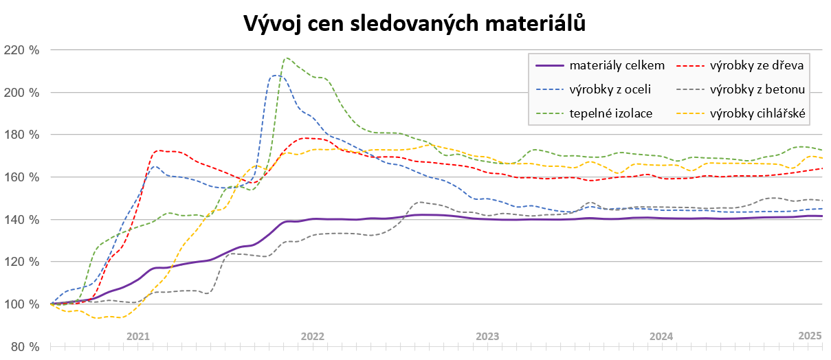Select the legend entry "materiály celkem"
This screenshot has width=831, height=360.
[x=617, y=66]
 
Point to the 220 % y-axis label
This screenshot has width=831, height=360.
[x=23, y=50]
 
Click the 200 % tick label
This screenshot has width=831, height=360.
[x=23, y=93]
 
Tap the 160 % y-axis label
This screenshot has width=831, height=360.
[x=23, y=177]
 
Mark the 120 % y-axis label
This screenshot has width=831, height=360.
[x=23, y=262]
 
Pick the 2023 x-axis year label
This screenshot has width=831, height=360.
[x=487, y=337]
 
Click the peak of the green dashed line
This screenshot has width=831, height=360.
[x=287, y=58]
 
